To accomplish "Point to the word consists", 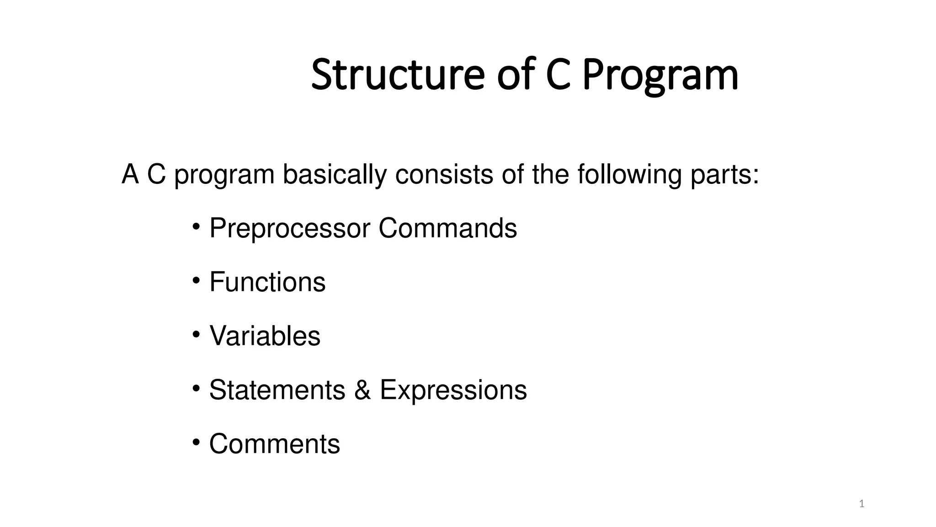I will pos(444,175).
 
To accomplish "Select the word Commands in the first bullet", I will pos(447,228).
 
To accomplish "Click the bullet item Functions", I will pos(267,282).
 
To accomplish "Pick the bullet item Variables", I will pos(265,336).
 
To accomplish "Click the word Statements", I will pos(277,390).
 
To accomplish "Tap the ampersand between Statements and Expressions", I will pos(362,390).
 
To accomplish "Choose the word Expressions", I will pos(453,391).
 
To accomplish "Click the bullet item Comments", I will pos(274,444).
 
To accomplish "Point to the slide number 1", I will pos(862,504).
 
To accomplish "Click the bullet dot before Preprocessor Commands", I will pos(196,226).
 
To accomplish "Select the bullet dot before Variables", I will pos(196,334).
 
